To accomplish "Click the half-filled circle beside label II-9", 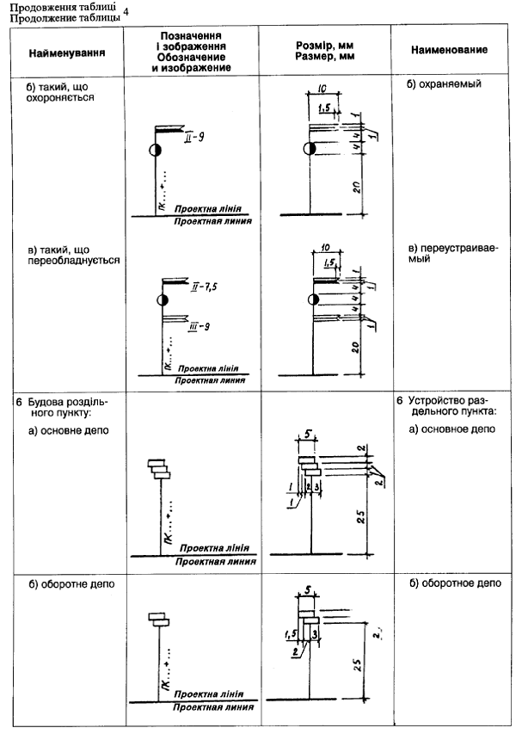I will click(154, 150).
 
